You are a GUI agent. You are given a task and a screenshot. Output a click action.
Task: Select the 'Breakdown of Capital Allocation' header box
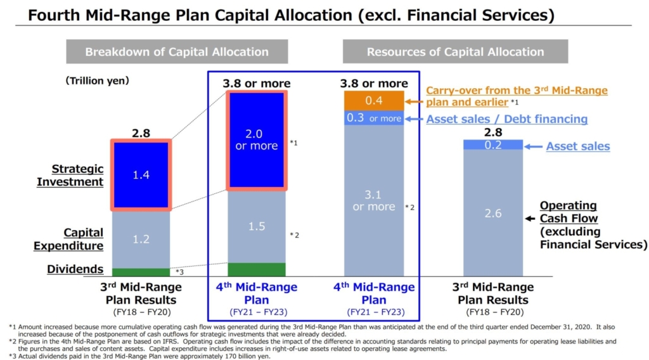[x=177, y=52]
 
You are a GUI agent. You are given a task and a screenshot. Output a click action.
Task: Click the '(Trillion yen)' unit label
[x=97, y=80]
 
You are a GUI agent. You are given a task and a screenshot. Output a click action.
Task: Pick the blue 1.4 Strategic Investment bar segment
[x=141, y=175]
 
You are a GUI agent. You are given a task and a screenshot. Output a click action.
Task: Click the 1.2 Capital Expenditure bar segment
[x=141, y=239]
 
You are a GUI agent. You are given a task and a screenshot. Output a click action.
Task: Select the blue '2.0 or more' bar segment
[x=256, y=140]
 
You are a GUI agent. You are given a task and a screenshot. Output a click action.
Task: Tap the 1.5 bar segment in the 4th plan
[x=256, y=226]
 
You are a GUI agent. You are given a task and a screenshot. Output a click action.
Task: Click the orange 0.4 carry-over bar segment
[x=373, y=101]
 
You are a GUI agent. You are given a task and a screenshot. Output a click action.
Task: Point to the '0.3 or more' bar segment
[x=373, y=118]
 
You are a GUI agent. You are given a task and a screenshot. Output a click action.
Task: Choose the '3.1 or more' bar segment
[x=373, y=200]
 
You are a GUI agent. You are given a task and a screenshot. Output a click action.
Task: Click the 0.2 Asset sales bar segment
[x=492, y=145]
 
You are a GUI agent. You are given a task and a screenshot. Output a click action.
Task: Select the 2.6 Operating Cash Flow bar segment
[x=492, y=213]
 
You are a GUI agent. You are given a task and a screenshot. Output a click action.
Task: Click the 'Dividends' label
[x=75, y=269]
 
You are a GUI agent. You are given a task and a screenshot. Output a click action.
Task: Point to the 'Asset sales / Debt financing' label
[x=506, y=119]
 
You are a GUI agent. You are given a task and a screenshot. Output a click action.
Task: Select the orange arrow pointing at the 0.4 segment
[x=414, y=101]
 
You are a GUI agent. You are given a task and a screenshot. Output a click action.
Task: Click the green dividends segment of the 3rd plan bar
[x=141, y=272]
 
